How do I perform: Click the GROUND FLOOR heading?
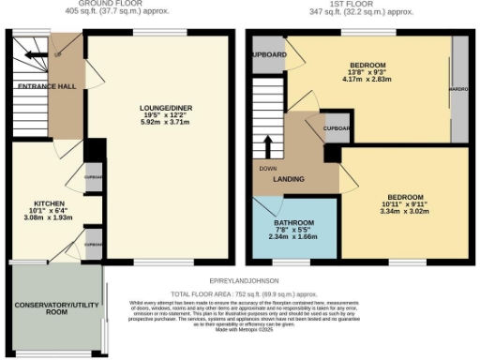129,4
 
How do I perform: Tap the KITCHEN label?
50,202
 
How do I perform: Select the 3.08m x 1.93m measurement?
50,217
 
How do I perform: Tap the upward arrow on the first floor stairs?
267,147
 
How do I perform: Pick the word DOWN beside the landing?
266,168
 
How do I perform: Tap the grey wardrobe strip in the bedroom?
460,89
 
